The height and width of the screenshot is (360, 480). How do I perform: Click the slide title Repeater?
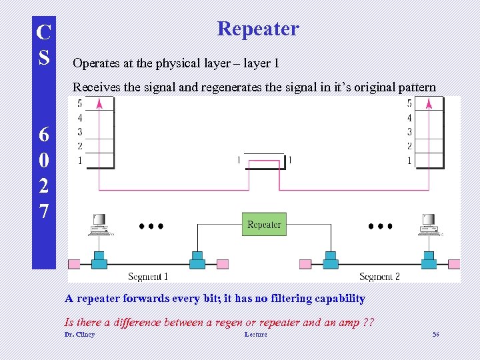click(x=258, y=29)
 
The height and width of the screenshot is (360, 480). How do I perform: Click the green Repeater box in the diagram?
click(x=264, y=225)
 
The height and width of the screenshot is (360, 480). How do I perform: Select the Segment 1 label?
click(x=147, y=277)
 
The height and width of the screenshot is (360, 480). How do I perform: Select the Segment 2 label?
click(x=379, y=277)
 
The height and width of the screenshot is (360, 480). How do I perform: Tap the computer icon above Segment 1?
click(x=100, y=225)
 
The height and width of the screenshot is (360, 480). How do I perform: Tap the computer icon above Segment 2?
click(x=428, y=225)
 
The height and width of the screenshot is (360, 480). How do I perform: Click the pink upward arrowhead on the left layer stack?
click(x=99, y=103)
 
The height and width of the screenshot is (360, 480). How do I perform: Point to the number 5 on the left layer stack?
click(x=80, y=103)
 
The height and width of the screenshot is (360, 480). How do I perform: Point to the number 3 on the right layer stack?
click(x=409, y=132)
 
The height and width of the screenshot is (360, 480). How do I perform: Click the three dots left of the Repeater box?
click(x=151, y=226)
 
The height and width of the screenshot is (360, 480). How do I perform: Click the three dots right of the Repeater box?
click(x=380, y=226)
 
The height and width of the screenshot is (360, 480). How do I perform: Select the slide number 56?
click(x=436, y=334)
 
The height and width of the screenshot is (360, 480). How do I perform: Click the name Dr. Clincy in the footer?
click(x=79, y=334)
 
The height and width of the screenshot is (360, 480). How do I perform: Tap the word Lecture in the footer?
click(x=255, y=334)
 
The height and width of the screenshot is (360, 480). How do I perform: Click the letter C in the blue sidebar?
click(x=44, y=32)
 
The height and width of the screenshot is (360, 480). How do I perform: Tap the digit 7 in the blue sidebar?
click(x=44, y=212)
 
